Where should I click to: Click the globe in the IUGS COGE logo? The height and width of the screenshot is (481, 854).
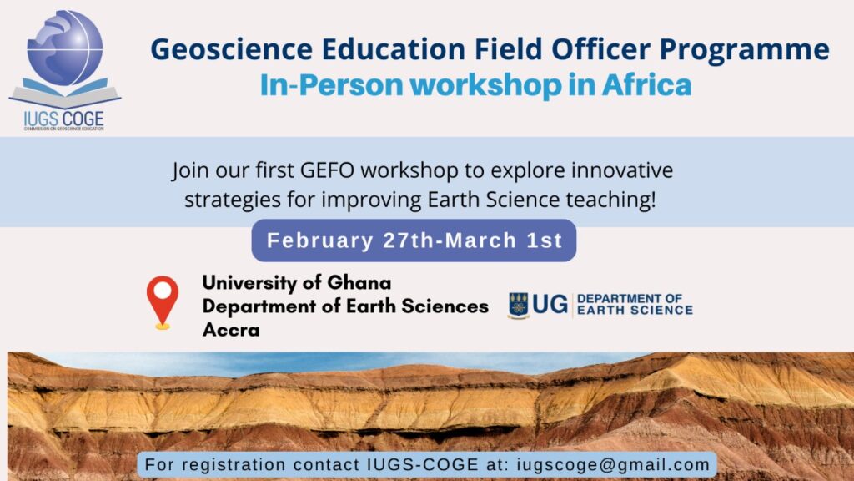point(64,48)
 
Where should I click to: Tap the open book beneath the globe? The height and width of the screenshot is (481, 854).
point(65,94)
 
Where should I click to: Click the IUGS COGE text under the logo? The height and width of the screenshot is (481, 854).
point(63,119)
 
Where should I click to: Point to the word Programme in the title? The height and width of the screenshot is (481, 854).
point(745,50)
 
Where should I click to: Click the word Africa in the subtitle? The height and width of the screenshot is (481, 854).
point(646,85)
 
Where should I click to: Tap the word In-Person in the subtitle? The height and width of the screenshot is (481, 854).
point(332,86)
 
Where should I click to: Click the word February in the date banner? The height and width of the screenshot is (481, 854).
point(319,240)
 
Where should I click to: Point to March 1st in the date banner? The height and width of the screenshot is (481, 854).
point(504,240)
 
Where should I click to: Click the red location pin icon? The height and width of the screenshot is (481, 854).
point(163,302)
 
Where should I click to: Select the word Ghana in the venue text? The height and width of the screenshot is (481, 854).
point(359,282)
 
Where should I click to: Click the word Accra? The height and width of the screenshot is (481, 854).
point(231,330)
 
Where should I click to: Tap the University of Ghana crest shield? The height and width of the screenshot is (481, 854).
point(518,305)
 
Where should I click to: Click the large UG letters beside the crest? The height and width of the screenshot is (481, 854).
point(550,304)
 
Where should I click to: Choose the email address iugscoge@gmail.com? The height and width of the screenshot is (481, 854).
point(613,464)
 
